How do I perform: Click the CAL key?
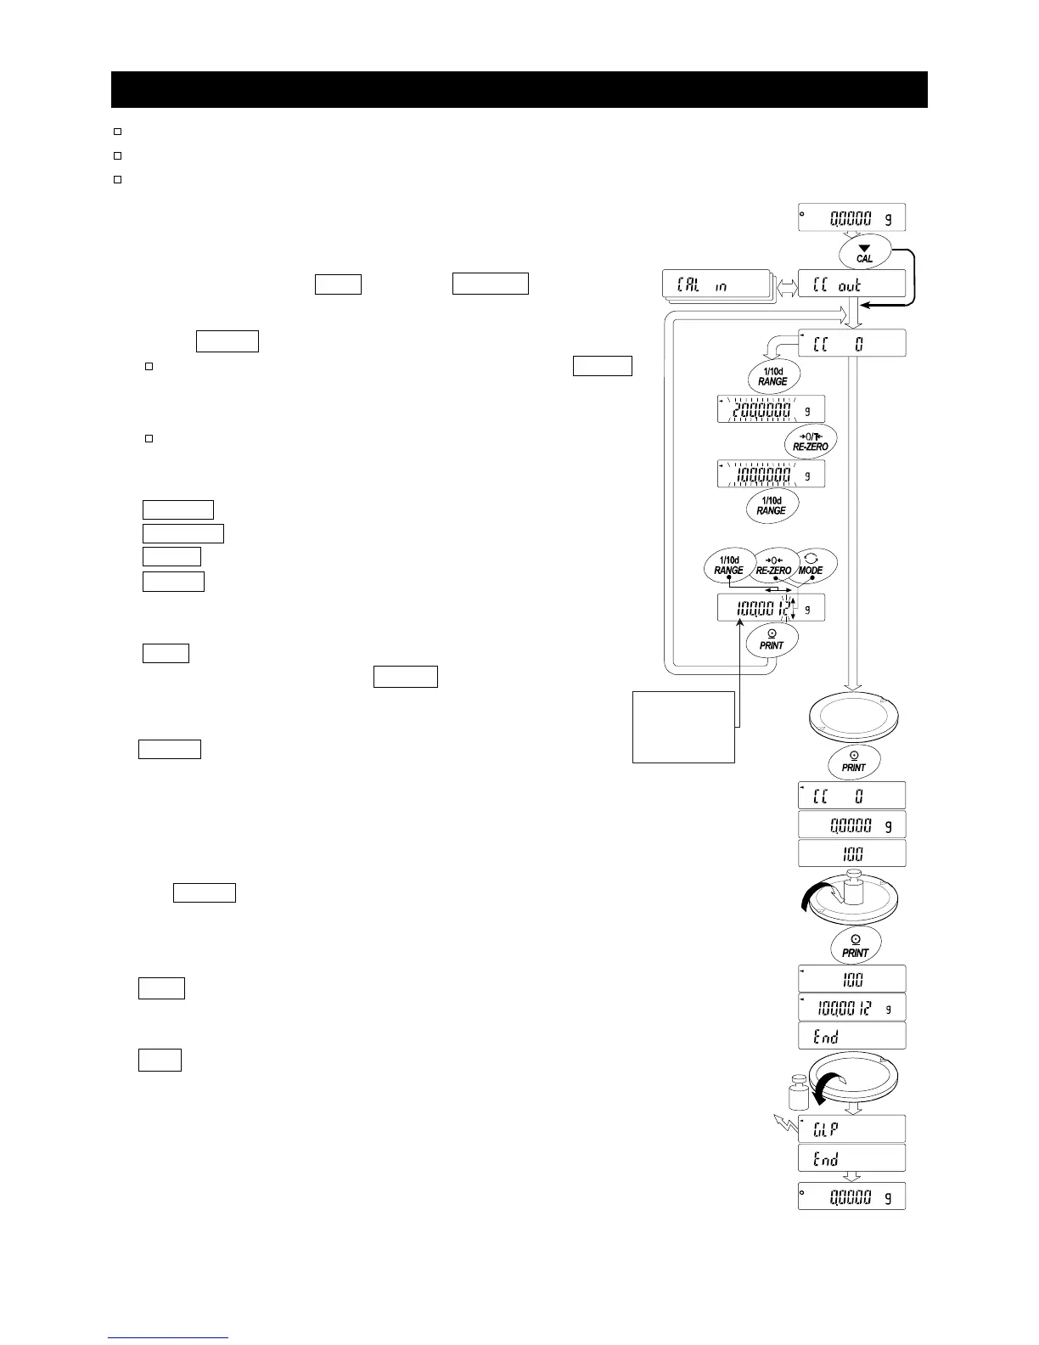tap(864, 253)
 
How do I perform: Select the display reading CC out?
tap(851, 284)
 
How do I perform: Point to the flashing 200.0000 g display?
tap(770, 410)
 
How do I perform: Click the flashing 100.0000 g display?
tap(770, 475)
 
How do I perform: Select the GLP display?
tap(851, 1128)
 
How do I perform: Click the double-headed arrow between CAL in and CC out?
tap(785, 284)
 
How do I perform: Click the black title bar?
tap(519, 89)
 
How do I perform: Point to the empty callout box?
tap(683, 727)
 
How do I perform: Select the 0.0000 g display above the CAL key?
tap(851, 217)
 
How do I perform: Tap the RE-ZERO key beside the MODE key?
tap(773, 566)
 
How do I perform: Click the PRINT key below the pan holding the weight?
tap(855, 945)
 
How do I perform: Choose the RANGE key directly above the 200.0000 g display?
tap(772, 376)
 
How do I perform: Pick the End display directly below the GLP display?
tap(851, 1158)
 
